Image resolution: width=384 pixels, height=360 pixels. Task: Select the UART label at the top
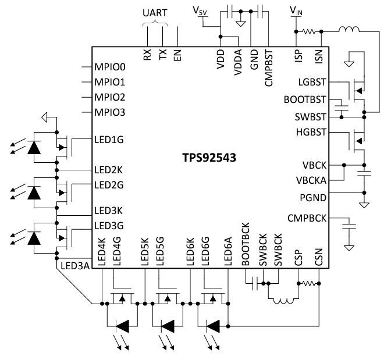[x=155, y=12]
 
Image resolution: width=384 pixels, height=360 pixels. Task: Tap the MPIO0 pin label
[x=110, y=67]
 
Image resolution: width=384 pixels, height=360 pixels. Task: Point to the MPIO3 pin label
[x=110, y=112]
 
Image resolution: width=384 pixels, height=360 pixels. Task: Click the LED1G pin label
[x=109, y=140]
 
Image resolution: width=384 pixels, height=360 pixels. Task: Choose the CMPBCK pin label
[x=307, y=219]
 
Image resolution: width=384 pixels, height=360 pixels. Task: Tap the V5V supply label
[x=200, y=11]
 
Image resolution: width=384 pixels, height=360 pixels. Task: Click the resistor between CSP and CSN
[x=310, y=284]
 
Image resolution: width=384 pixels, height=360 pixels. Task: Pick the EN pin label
[x=177, y=55]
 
